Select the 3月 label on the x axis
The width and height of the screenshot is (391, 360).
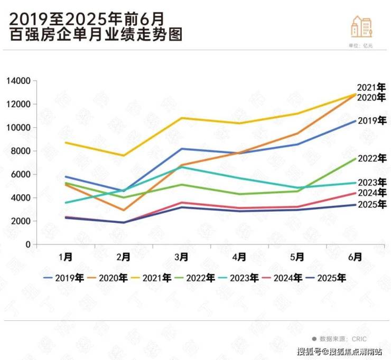(181, 257)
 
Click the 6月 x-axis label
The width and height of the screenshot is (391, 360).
(356, 257)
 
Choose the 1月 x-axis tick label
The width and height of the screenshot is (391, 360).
(66, 257)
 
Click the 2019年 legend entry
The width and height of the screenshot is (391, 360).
(66, 277)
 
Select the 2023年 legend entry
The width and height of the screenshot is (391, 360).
(245, 277)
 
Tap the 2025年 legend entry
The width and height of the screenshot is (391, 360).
(331, 277)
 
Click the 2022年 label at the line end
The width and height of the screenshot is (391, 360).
(372, 158)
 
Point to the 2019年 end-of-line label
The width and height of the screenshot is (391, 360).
(372, 121)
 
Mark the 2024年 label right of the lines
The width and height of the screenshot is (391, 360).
(372, 193)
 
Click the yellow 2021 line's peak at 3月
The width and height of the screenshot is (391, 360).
(182, 118)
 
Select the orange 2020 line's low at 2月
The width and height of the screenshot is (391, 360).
(124, 210)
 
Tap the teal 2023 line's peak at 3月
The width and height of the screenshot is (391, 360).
(182, 167)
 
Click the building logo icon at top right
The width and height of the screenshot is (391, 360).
(362, 27)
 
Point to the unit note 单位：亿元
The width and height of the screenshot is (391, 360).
(361, 46)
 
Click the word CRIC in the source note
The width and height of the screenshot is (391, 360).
(358, 338)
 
